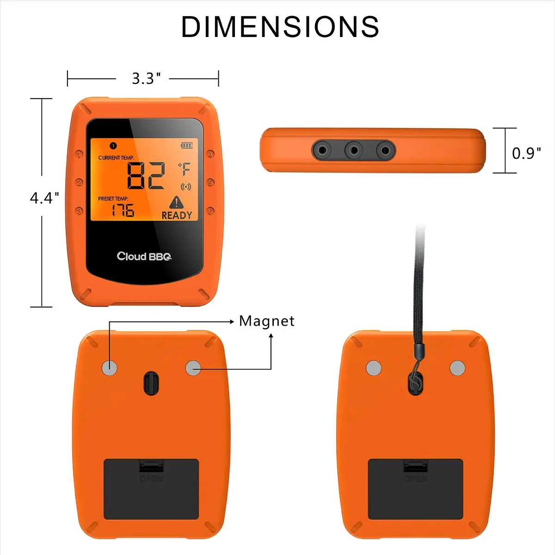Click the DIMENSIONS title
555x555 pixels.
(280, 26)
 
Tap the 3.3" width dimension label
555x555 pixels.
(146, 78)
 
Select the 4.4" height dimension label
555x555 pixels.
(44, 198)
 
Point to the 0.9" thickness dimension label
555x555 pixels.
(526, 153)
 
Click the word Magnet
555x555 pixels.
(267, 321)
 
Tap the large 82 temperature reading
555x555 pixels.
(146, 175)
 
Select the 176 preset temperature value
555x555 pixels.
(123, 210)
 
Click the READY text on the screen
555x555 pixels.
(177, 216)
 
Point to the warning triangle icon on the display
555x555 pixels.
(176, 202)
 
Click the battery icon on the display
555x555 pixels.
(187, 145)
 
